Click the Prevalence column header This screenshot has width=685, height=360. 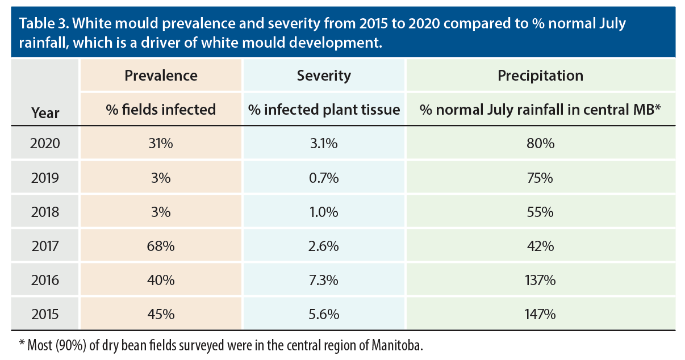[x=161, y=76]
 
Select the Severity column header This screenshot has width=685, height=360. [x=324, y=76]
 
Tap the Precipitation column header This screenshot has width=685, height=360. [x=540, y=76]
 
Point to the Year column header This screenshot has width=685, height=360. [x=45, y=112]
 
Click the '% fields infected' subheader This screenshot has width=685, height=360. [x=161, y=110]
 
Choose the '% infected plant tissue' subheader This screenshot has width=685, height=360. [x=324, y=110]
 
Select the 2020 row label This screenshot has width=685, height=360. [x=45, y=144]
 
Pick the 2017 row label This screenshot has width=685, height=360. [x=45, y=246]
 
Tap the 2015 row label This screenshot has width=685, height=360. [x=45, y=314]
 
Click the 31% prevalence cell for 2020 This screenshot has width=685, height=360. [x=161, y=144]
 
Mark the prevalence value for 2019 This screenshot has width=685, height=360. [x=161, y=178]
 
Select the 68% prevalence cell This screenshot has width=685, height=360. [x=161, y=246]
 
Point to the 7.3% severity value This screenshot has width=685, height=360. [x=324, y=280]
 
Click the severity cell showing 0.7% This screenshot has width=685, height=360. [x=324, y=178]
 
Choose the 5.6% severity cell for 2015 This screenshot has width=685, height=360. [x=324, y=314]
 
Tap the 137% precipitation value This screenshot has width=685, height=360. [x=540, y=280]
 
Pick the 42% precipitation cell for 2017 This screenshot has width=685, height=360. [x=540, y=246]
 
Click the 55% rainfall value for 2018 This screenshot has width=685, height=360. [x=540, y=212]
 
